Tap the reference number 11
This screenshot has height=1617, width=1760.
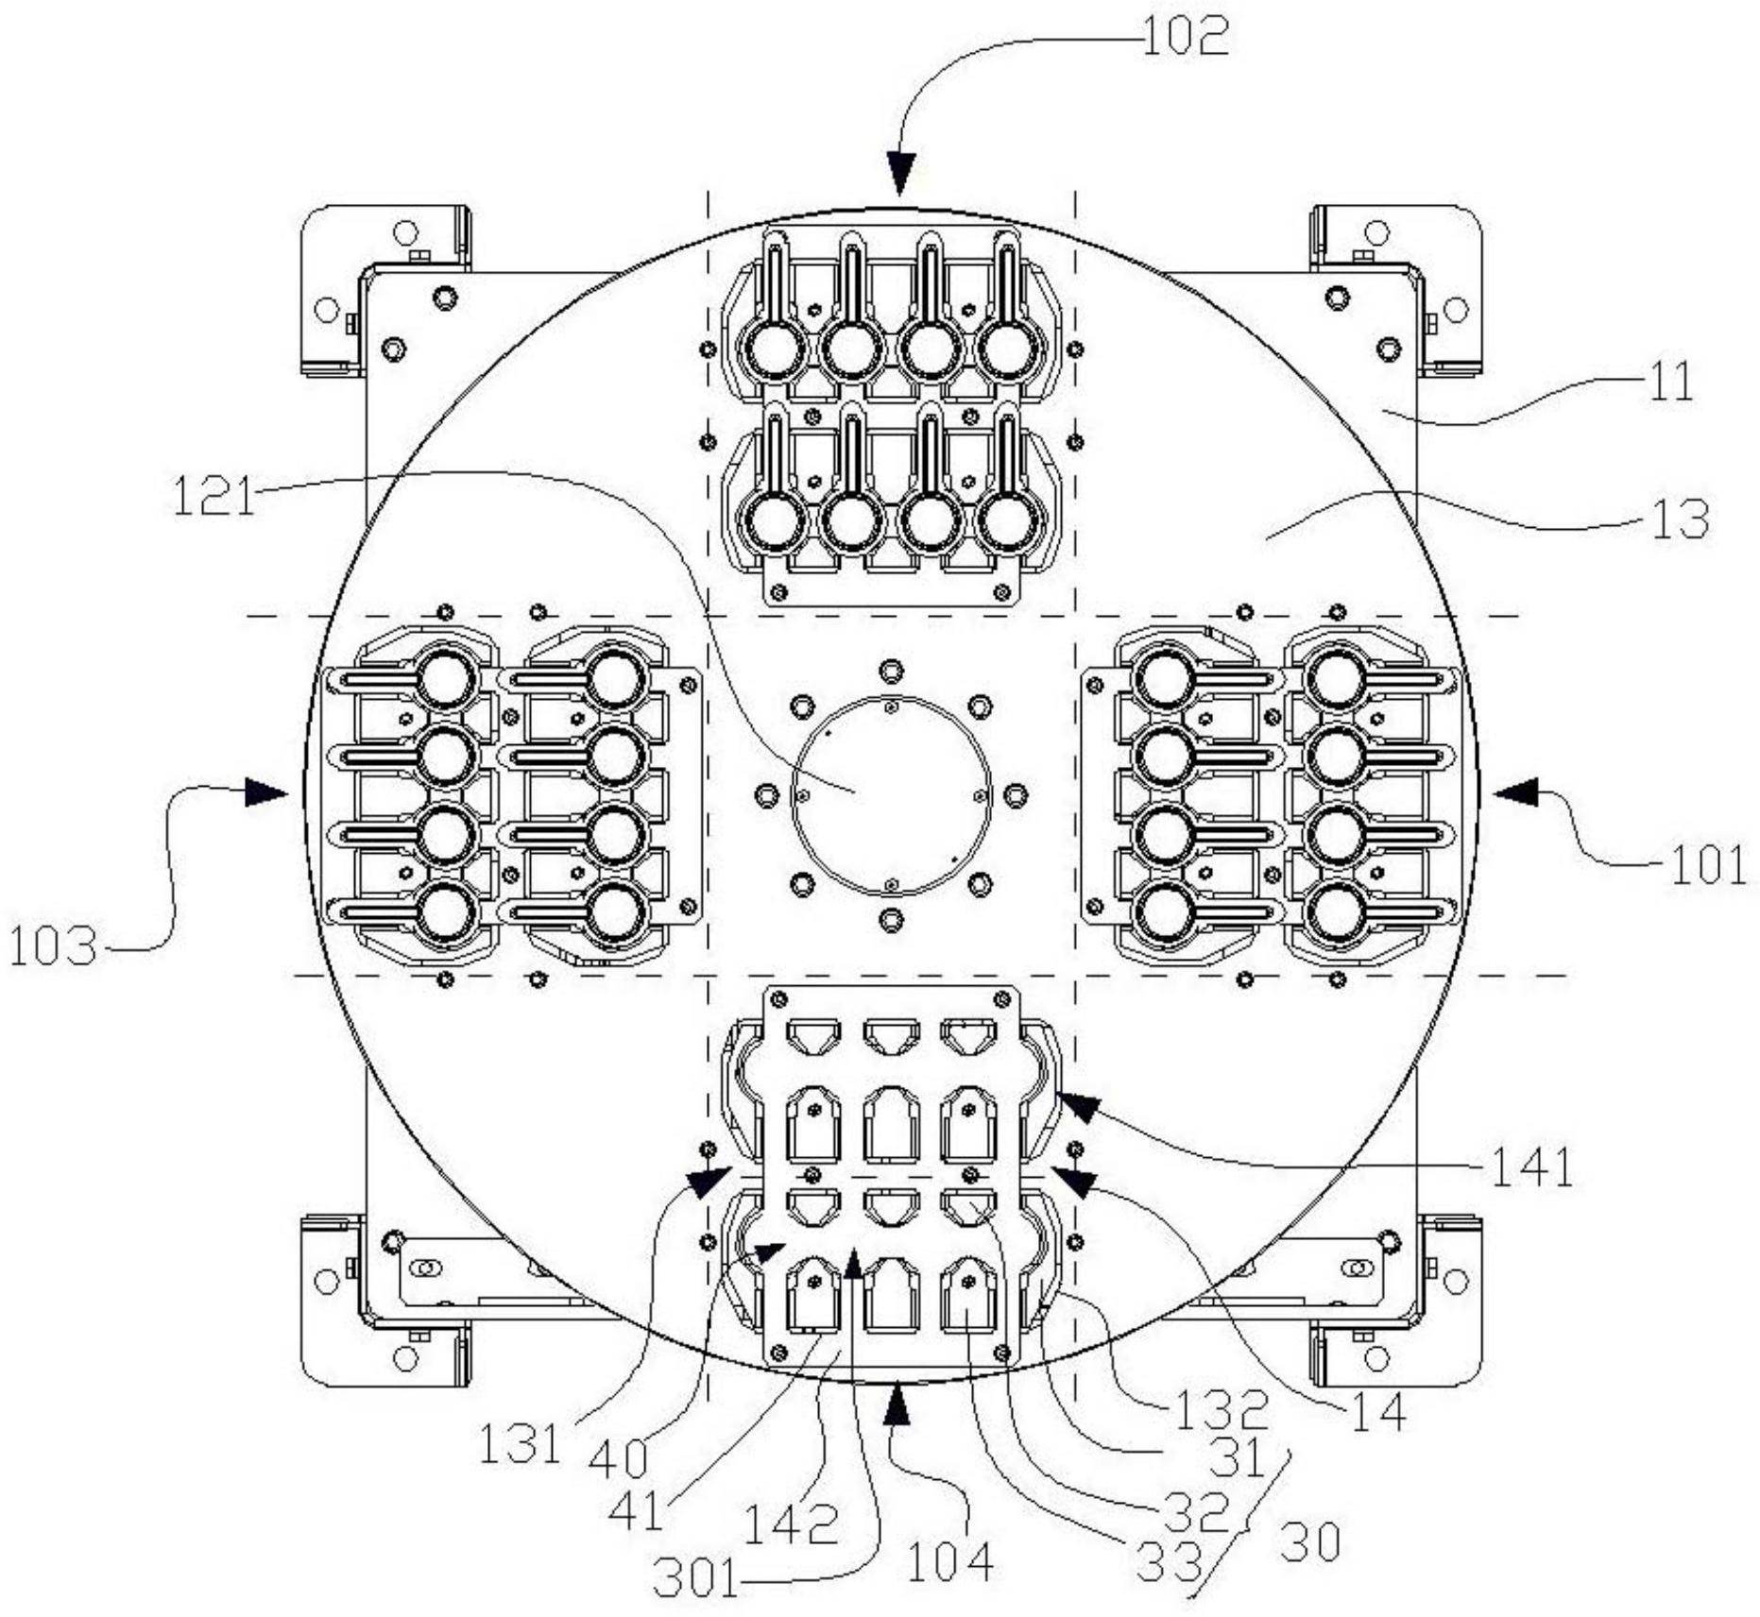tap(1669, 383)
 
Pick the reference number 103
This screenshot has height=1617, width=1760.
tap(54, 945)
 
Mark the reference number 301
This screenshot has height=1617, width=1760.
tap(696, 1578)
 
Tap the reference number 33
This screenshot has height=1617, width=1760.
tap(1169, 1563)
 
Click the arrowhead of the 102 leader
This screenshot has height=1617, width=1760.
tap(900, 175)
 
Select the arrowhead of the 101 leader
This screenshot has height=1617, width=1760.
tap(1515, 792)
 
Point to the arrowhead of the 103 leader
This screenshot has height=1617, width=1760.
tap(266, 792)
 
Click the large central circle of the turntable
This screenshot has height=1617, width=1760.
tap(891, 795)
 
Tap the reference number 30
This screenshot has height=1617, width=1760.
tap(1310, 1543)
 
